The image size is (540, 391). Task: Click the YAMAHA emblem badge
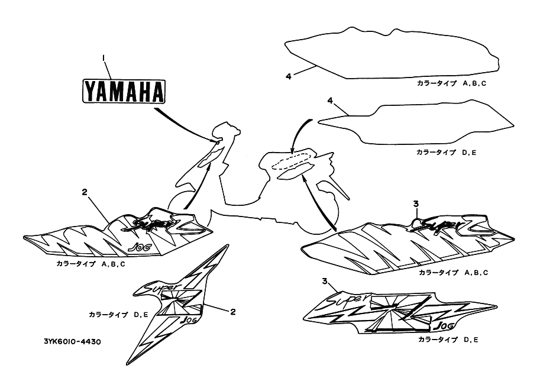124,92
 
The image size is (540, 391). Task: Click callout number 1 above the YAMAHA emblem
104,57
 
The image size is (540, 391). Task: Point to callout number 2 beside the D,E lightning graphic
232,311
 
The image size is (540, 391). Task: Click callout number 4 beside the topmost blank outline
288,76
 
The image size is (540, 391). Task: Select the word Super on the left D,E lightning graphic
155,287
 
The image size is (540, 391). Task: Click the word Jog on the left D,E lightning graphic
189,319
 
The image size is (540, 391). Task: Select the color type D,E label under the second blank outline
447,152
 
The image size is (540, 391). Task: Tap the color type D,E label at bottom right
448,340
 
